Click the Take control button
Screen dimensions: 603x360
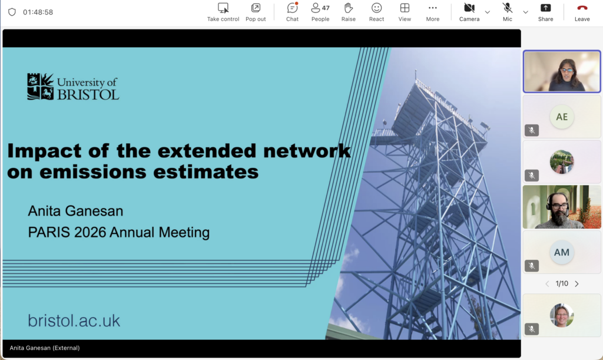pos(223,12)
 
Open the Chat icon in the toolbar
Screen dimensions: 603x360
pos(292,12)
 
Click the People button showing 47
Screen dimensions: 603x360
pos(320,12)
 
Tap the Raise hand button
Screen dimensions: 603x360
pos(349,12)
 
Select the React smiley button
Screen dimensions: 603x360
pos(376,12)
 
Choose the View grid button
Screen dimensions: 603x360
pos(405,12)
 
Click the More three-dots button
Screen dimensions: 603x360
pos(433,12)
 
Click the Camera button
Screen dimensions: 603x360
pos(469,12)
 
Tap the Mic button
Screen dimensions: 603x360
pos(507,12)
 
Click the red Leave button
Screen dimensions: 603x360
pos(582,12)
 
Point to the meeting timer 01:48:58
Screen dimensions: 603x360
pos(38,12)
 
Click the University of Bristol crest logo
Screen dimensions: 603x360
pos(41,87)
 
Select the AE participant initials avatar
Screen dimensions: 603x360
pos(562,117)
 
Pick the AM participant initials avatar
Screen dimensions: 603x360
pos(562,252)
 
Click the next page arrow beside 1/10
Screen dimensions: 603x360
pos(577,284)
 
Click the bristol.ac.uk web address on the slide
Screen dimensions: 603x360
pos(74,321)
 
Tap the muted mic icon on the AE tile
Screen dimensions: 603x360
pos(532,130)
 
